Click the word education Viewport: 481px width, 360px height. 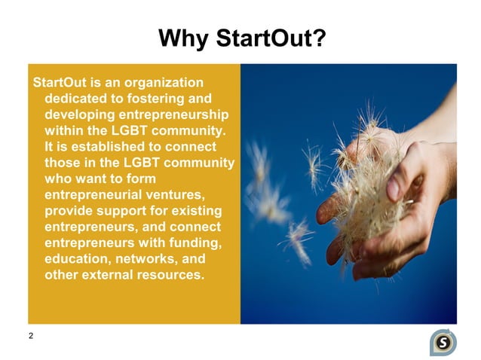tap(78, 259)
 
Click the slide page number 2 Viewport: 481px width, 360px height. tap(31, 336)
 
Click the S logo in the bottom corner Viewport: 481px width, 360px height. tap(443, 342)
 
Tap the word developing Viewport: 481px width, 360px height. tap(80, 114)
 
